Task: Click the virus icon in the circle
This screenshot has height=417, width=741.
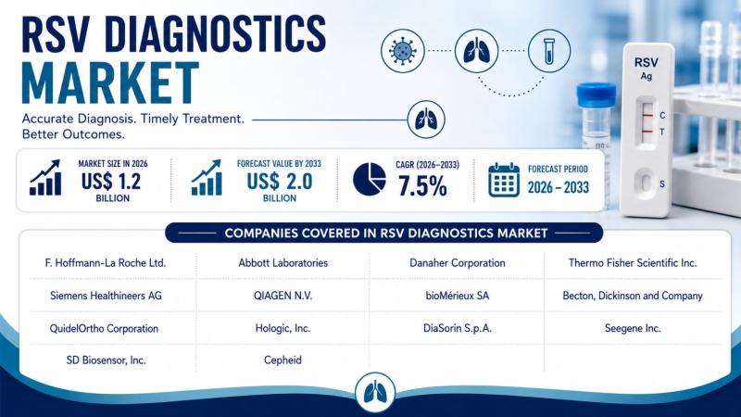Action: coord(403,51)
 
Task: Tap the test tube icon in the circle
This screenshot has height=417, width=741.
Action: coord(548,51)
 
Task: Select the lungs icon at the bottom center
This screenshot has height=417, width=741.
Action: coord(375,393)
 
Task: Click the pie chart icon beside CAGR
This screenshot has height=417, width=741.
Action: coord(369,179)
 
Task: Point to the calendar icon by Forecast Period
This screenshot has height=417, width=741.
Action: coord(504,180)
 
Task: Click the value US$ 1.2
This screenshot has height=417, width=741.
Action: coord(111,181)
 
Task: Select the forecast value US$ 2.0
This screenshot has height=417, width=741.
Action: coord(280,181)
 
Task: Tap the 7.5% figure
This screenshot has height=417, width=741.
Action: coord(422,185)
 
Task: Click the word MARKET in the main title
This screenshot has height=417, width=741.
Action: coord(110,82)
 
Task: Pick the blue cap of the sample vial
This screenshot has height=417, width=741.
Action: coord(597,95)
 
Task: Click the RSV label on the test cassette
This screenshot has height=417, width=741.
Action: coord(646,62)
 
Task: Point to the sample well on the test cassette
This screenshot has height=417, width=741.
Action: coord(644,182)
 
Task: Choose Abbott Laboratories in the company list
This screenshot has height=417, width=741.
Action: coord(283,263)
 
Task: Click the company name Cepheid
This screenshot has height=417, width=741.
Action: coord(283,360)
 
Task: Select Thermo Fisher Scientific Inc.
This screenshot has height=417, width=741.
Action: coord(633,263)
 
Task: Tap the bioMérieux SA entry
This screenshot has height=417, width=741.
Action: coord(457,296)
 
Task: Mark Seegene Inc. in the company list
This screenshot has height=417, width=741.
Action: coord(633,328)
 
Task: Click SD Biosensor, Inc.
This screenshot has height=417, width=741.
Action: coord(106,360)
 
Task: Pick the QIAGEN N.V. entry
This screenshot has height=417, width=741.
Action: coord(283,296)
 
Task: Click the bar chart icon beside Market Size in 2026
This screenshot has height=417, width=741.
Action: coord(45,177)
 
